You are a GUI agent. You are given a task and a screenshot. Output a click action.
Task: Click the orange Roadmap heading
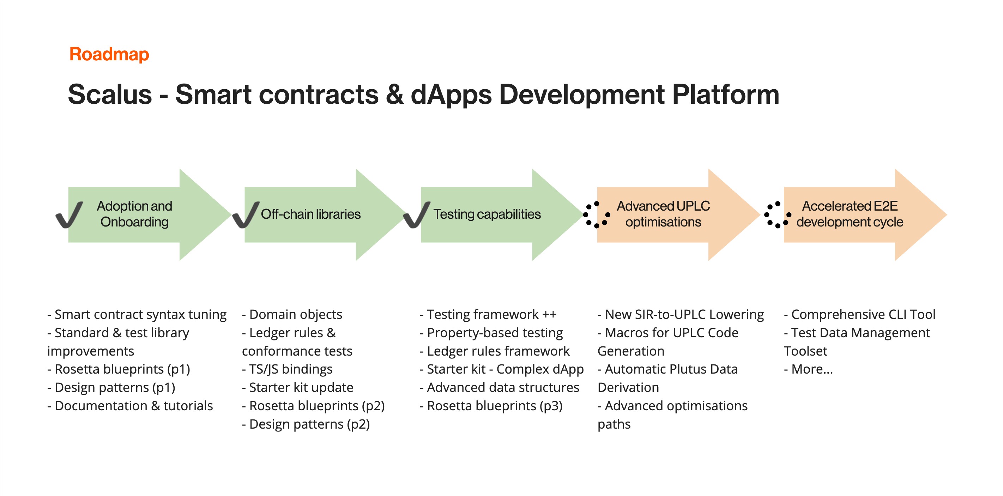pos(109,54)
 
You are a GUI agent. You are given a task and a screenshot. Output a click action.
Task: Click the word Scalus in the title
pos(110,95)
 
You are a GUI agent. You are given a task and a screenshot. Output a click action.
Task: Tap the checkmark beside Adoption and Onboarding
pos(69,215)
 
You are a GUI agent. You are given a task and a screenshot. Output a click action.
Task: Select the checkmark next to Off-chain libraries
pos(246,215)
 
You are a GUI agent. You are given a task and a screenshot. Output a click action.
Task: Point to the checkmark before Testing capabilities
pos(417,215)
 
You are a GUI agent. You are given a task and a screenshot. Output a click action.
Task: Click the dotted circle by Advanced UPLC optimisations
pos(596,214)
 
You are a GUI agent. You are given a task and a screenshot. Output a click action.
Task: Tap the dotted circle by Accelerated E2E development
pos(778,214)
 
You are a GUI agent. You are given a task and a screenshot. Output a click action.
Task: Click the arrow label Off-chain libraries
pos(310,214)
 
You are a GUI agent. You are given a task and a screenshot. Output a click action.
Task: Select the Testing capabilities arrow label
pos(487,214)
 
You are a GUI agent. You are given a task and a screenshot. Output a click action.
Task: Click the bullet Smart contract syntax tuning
pos(137,315)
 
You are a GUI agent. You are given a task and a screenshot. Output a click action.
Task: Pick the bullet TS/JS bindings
pos(287,369)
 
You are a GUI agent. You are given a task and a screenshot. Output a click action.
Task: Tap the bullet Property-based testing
pos(491,333)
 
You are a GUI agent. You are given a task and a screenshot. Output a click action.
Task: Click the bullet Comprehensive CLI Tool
pos(859,315)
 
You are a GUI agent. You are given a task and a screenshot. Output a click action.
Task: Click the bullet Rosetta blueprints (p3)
pos(491,406)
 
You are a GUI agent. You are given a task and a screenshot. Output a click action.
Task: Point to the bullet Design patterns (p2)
pos(306,424)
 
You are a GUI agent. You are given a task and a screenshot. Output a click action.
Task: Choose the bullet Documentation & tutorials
pos(130,406)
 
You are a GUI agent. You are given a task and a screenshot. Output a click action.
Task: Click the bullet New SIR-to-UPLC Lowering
pos(681,315)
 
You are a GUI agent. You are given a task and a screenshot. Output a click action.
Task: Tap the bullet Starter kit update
pos(298,388)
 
